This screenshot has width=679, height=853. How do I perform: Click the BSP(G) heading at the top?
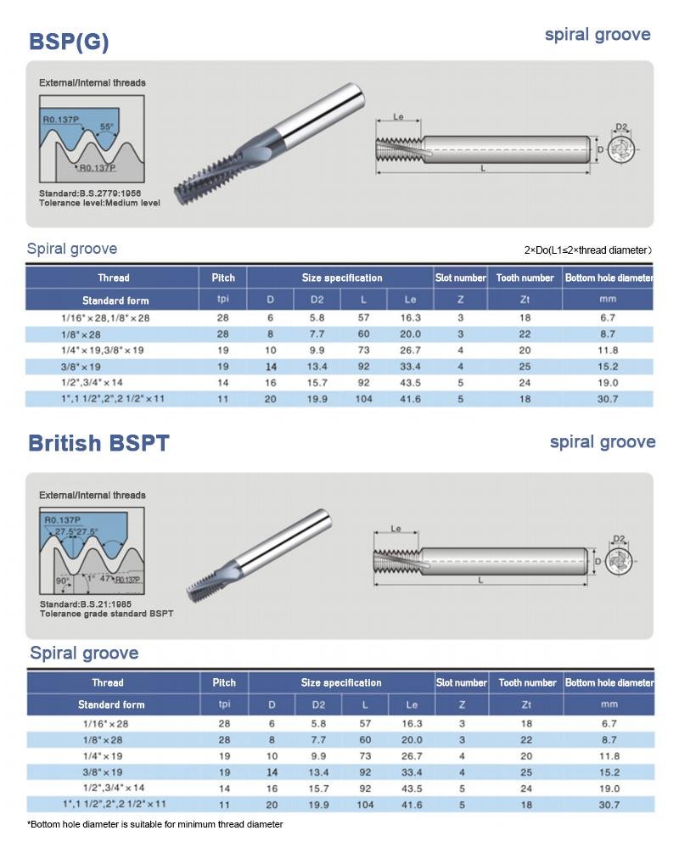(x=69, y=42)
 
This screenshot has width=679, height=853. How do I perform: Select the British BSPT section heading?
(x=98, y=443)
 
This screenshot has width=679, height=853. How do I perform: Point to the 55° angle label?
(x=106, y=127)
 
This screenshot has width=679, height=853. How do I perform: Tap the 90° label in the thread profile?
(x=62, y=581)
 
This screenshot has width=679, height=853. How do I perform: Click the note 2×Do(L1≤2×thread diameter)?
(x=587, y=250)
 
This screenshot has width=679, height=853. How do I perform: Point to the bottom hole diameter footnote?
(x=155, y=824)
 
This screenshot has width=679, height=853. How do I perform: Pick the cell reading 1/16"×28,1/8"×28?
(x=105, y=317)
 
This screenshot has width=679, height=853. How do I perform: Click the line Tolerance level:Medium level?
(x=99, y=203)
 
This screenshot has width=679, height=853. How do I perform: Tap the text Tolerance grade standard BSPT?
(x=106, y=613)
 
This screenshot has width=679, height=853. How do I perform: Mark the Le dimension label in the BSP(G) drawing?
(x=398, y=118)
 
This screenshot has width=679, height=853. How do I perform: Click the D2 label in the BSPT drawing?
(x=619, y=539)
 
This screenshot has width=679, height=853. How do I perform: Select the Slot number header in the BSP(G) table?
(x=461, y=278)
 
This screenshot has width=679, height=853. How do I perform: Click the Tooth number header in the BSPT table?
(x=526, y=682)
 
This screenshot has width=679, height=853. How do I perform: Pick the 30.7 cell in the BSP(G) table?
(x=607, y=399)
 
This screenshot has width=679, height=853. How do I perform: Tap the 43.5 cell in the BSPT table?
(x=412, y=788)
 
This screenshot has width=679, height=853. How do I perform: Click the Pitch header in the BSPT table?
(x=224, y=682)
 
